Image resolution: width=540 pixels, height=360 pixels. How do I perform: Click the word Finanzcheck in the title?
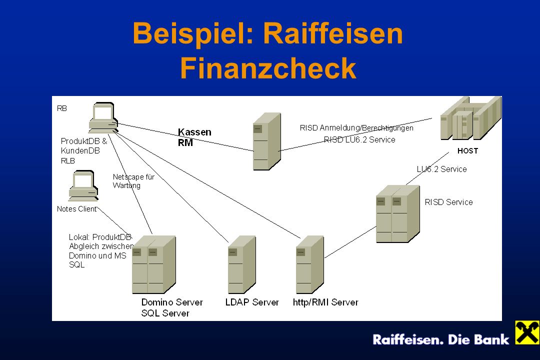coord(268,68)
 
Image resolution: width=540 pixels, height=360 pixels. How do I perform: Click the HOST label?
coord(467,151)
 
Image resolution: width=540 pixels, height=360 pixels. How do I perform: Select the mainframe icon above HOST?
coord(471,118)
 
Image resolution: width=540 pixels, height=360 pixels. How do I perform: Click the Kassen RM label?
coord(194,137)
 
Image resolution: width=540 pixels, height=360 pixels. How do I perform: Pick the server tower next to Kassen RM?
coord(267,141)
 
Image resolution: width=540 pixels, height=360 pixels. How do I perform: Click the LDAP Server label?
coord(252,302)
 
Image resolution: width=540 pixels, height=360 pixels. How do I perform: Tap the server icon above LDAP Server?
coord(242,264)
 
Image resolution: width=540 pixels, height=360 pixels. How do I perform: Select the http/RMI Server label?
coord(325,302)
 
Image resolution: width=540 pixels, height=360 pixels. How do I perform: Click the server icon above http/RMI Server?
coord(310,264)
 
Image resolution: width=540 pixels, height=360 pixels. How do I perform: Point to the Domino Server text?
coord(172,302)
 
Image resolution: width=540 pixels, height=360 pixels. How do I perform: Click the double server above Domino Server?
coord(154,264)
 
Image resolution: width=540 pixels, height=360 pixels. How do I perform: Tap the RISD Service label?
coord(448,202)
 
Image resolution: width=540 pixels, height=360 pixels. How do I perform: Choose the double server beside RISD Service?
coord(398,214)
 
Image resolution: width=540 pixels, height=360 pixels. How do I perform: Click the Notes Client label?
coord(77,209)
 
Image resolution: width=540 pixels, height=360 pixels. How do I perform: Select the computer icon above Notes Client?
coord(83,186)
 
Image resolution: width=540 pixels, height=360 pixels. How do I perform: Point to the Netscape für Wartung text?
coord(133,181)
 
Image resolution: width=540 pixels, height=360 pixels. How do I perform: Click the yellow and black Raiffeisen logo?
coord(527,332)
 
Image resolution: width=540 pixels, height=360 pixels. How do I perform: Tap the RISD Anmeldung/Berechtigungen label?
coord(356,128)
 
